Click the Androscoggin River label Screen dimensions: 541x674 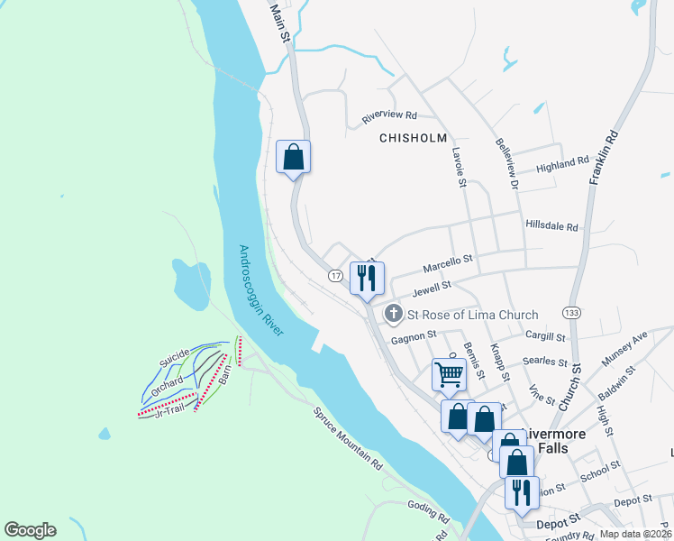click(261, 291)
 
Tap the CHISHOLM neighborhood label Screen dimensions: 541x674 click(413, 138)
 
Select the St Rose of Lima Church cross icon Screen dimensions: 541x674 click(394, 315)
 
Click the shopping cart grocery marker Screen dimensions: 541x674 click(449, 372)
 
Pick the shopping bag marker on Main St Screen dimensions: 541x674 click(293, 157)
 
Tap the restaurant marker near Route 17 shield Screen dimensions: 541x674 click(367, 277)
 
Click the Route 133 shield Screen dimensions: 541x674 click(569, 312)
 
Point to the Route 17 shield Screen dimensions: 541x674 click(335, 275)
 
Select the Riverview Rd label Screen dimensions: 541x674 click(389, 116)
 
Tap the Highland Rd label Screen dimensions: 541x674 click(562, 164)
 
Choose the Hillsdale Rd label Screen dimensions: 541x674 click(551, 226)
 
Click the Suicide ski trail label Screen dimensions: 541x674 click(175, 358)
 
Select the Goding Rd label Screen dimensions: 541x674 click(428, 512)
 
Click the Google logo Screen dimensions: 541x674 click(30, 529)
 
